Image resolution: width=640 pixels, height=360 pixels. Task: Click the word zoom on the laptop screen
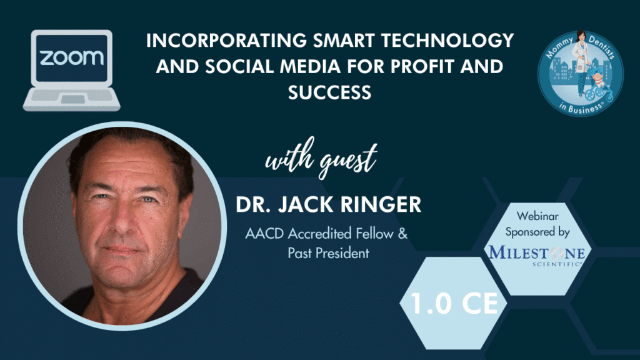71,57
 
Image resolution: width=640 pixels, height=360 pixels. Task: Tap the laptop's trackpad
72,99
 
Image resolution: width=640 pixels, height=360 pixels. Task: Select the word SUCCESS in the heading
330,92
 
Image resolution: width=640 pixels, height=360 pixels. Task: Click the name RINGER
381,204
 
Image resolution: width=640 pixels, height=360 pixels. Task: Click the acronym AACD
264,234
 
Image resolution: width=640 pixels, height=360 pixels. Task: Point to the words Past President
329,253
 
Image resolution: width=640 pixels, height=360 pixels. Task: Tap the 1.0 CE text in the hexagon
454,303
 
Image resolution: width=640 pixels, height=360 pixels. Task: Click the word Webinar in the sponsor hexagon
537,216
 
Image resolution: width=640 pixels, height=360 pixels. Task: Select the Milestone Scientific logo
537,256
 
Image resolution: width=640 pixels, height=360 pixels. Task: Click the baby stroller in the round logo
598,87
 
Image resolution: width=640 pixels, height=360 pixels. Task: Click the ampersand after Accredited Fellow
402,234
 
